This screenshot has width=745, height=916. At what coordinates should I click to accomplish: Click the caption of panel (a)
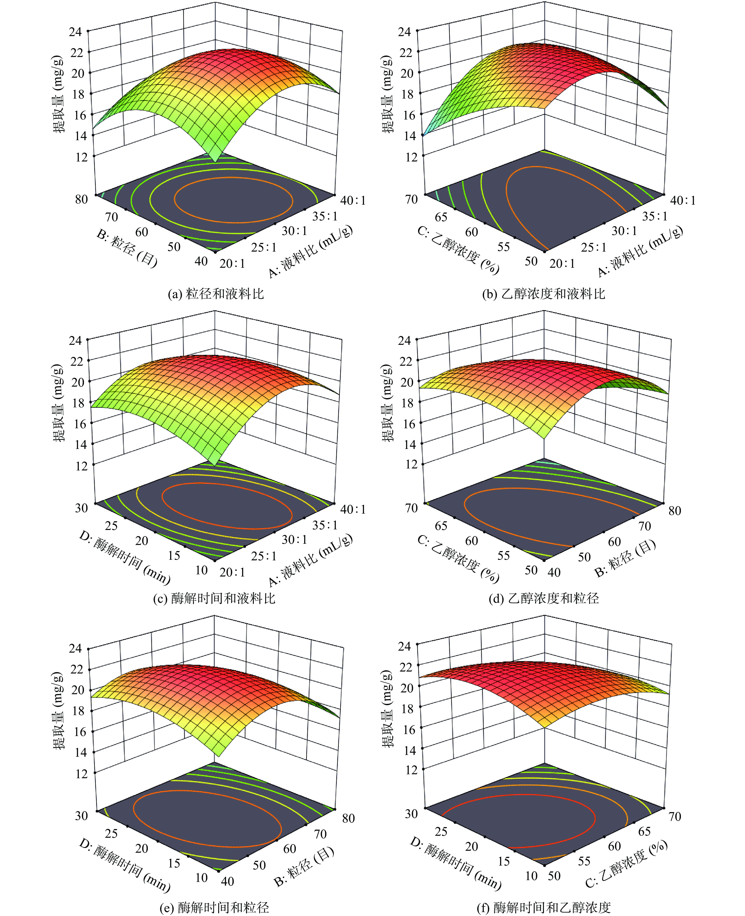tap(215, 294)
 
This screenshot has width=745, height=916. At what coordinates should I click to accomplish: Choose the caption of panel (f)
tap(544, 907)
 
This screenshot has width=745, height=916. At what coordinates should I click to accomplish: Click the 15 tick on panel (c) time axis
tap(174, 555)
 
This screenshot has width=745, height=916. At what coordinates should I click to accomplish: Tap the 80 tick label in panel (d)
tap(675, 511)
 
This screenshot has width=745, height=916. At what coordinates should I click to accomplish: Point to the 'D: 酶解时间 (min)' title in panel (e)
tap(124, 865)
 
